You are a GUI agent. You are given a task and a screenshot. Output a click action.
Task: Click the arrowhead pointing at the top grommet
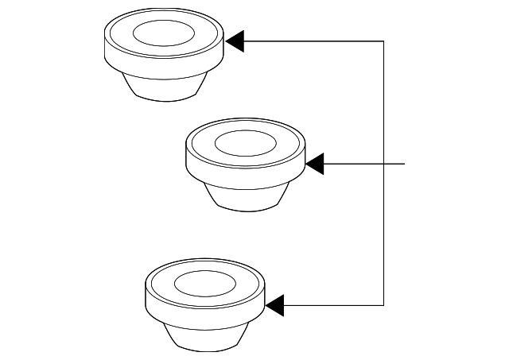[235, 41]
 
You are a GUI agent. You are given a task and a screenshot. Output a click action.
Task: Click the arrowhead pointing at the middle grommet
[315, 164]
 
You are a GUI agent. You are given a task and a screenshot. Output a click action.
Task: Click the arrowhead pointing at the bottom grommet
[274, 304]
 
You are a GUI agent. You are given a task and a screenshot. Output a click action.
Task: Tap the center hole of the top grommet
[163, 33]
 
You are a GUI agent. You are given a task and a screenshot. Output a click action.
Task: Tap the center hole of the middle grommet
[245, 144]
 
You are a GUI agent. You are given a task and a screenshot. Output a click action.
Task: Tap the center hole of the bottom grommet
[204, 283]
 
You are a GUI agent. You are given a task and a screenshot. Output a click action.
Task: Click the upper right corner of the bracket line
[384, 41]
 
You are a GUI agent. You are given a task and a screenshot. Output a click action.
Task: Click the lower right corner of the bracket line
[384, 304]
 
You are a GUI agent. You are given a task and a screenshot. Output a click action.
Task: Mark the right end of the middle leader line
[406, 164]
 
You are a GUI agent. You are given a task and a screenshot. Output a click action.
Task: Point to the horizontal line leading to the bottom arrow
[334, 304]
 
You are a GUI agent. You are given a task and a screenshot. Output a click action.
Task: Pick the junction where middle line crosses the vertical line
[384, 164]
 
